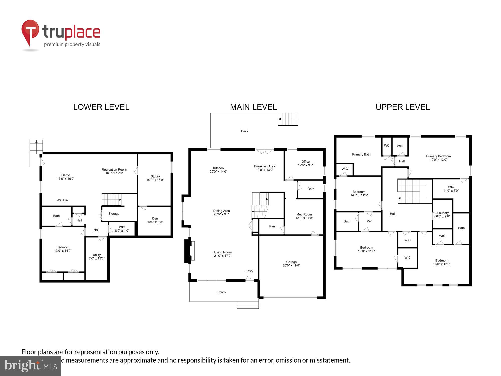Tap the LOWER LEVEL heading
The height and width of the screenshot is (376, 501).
pyautogui.click(x=101, y=107)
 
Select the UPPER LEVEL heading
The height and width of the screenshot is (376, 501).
pyautogui.click(x=402, y=107)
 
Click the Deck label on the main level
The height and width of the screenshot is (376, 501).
pyautogui.click(x=245, y=131)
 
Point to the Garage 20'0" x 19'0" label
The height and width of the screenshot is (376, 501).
pyautogui.click(x=291, y=264)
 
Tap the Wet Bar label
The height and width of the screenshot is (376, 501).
pyautogui.click(x=62, y=200)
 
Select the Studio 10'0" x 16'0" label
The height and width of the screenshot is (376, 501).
pyautogui.click(x=155, y=178)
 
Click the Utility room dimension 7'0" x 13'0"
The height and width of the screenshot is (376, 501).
pyautogui.click(x=97, y=258)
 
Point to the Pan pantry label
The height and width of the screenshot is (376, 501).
pyautogui.click(x=272, y=226)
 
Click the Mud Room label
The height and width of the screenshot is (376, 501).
pyautogui.click(x=304, y=215)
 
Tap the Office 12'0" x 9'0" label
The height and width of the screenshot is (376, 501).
pyautogui.click(x=305, y=163)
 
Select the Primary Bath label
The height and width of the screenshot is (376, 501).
pyautogui.click(x=361, y=154)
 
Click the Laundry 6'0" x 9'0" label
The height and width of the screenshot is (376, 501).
pyautogui.click(x=443, y=215)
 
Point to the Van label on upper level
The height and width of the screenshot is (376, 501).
pyautogui.click(x=370, y=221)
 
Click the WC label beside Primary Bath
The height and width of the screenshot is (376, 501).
pyautogui.click(x=387, y=146)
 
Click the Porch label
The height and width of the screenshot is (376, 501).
pyautogui.click(x=221, y=292)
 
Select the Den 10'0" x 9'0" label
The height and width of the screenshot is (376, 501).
pyautogui.click(x=155, y=220)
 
